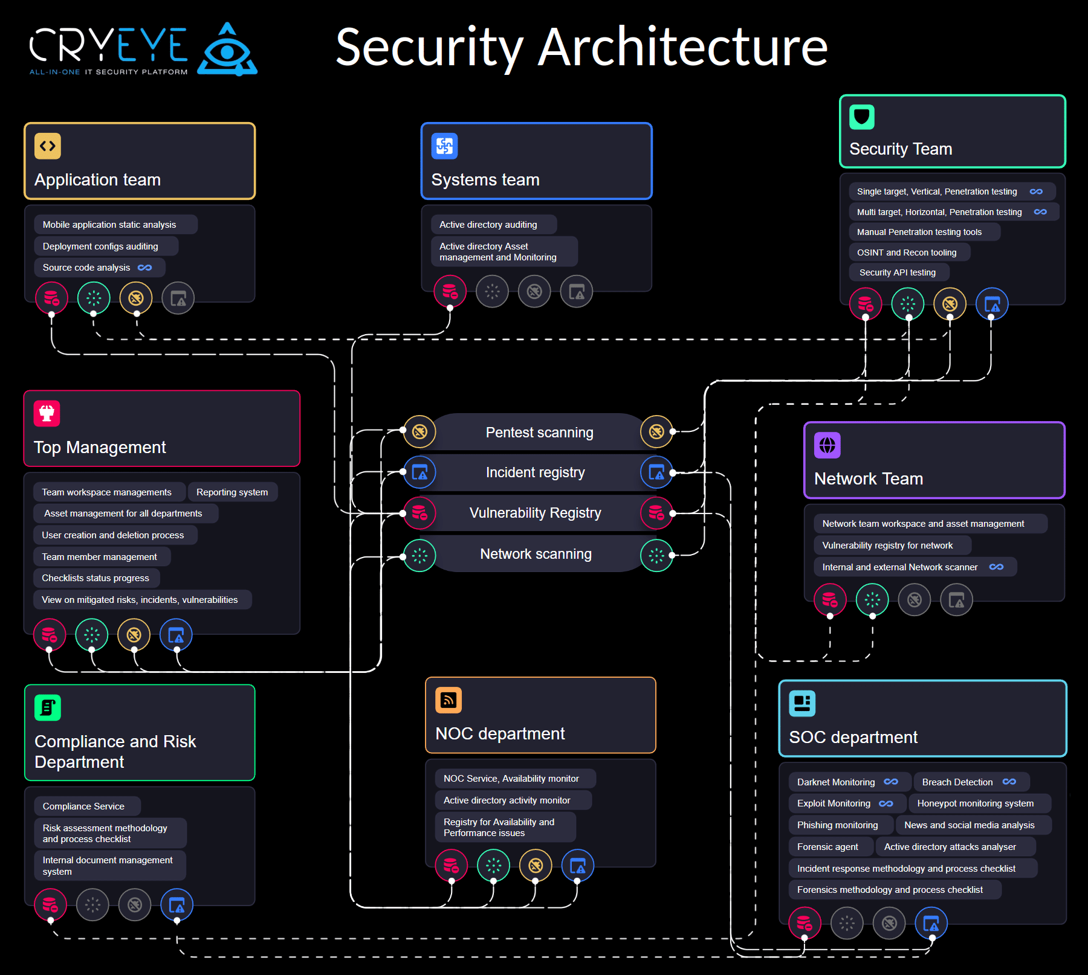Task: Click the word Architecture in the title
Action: (682, 48)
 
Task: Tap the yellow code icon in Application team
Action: (48, 146)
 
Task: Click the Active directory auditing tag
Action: (488, 225)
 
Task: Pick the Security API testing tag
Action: (898, 272)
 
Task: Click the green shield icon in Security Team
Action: (861, 117)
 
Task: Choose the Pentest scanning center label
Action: (539, 433)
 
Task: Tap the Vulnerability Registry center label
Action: (535, 513)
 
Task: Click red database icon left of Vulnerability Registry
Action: (419, 513)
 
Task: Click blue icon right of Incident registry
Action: (656, 472)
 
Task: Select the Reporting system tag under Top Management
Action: (232, 492)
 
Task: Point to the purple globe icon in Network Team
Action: (827, 445)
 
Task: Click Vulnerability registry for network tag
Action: (887, 545)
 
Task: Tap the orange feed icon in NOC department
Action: (448, 700)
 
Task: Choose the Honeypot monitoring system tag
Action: (975, 803)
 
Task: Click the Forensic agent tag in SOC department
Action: (827, 847)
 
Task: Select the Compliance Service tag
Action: (83, 806)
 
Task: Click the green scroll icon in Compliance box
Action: (48, 707)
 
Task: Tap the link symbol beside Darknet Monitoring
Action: (891, 782)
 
